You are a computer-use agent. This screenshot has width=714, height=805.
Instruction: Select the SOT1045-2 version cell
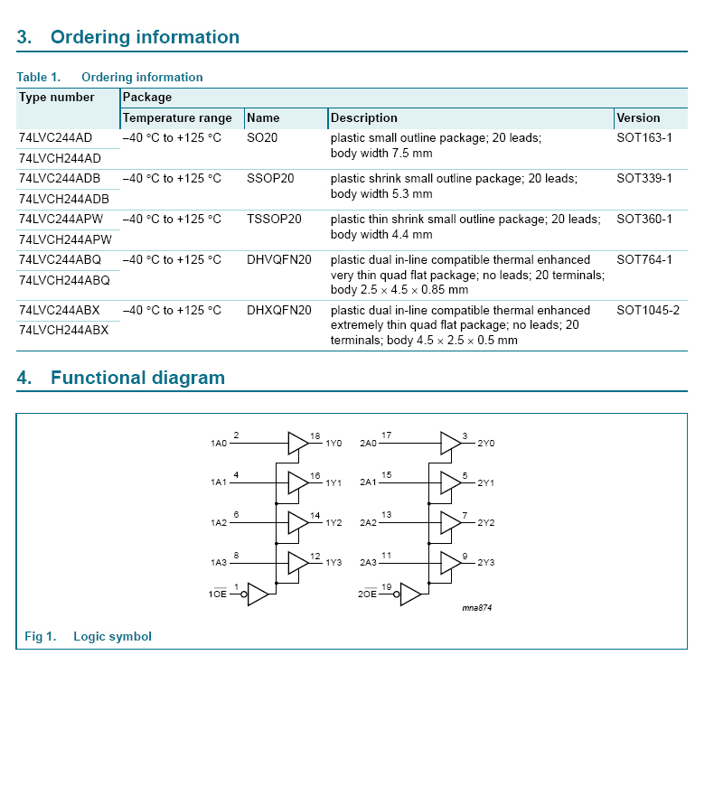pyautogui.click(x=648, y=311)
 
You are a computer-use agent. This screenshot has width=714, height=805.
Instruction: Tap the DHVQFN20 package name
pyautogui.click(x=279, y=260)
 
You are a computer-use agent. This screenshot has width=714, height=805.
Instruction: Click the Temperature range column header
pyautogui.click(x=177, y=118)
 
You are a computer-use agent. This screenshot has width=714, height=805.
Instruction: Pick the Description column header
pyautogui.click(x=364, y=118)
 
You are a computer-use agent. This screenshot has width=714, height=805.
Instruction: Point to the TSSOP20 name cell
pyautogui.click(x=275, y=220)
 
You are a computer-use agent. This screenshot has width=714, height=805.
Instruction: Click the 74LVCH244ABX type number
pyautogui.click(x=63, y=331)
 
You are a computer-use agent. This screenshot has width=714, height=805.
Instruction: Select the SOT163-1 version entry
pyautogui.click(x=644, y=138)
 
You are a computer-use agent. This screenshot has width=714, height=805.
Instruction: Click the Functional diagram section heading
pyautogui.click(x=137, y=378)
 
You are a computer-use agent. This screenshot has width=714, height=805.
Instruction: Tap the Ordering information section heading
pyautogui.click(x=145, y=37)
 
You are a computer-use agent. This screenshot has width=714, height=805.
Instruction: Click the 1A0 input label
pyautogui.click(x=219, y=444)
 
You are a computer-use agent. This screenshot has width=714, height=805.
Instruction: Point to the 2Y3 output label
pyautogui.click(x=486, y=563)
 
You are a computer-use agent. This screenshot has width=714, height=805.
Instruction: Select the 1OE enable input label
pyautogui.click(x=218, y=594)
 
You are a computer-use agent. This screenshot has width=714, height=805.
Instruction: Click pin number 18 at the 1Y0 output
pyautogui.click(x=315, y=436)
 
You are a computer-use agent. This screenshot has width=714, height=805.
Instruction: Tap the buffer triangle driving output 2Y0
pyautogui.click(x=450, y=443)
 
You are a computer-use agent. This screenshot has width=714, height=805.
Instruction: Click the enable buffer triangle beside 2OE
pyautogui.click(x=410, y=594)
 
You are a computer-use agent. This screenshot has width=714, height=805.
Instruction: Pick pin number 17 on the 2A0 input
pyautogui.click(x=387, y=435)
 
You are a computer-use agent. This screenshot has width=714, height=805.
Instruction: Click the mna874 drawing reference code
pyautogui.click(x=477, y=608)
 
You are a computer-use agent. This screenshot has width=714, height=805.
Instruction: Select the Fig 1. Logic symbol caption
pyautogui.click(x=88, y=637)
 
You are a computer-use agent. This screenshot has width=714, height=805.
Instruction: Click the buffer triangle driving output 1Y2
pyautogui.click(x=297, y=522)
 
